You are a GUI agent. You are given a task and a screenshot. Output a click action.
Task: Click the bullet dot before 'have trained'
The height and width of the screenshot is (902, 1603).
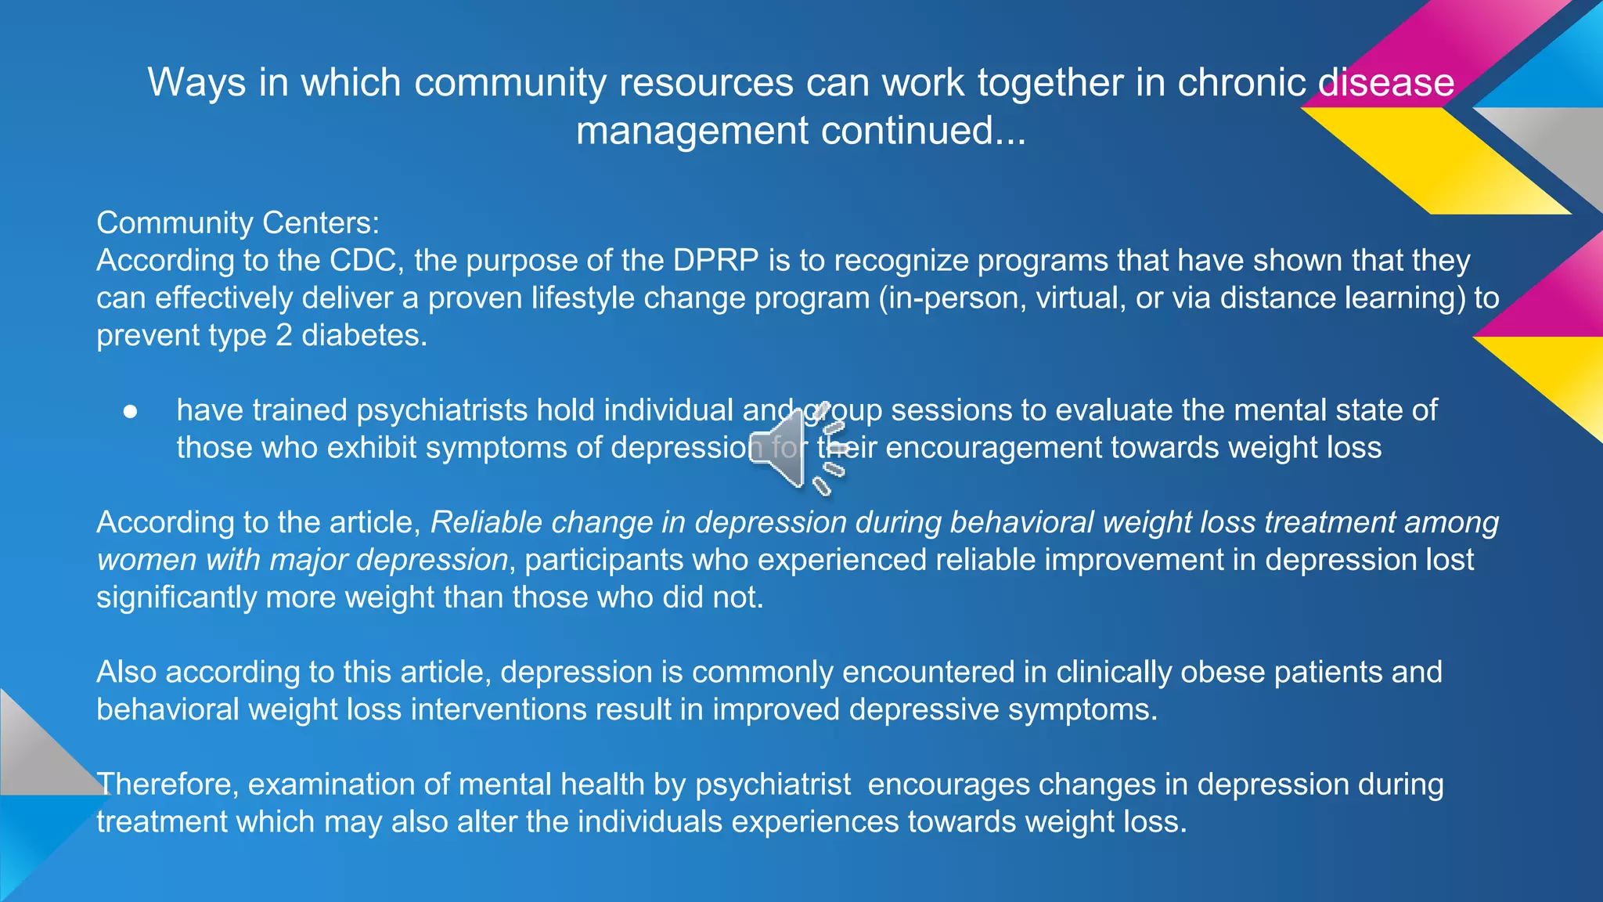click(131, 411)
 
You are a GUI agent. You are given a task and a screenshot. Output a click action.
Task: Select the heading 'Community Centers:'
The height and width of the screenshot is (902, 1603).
click(238, 223)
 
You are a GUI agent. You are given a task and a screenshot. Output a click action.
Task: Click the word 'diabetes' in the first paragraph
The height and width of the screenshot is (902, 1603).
click(364, 336)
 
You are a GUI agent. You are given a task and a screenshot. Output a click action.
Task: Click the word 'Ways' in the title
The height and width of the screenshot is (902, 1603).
click(196, 82)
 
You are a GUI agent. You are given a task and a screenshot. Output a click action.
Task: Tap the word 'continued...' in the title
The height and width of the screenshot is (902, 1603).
click(923, 130)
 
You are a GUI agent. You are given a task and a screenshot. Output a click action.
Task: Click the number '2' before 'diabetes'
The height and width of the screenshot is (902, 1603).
click(283, 336)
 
